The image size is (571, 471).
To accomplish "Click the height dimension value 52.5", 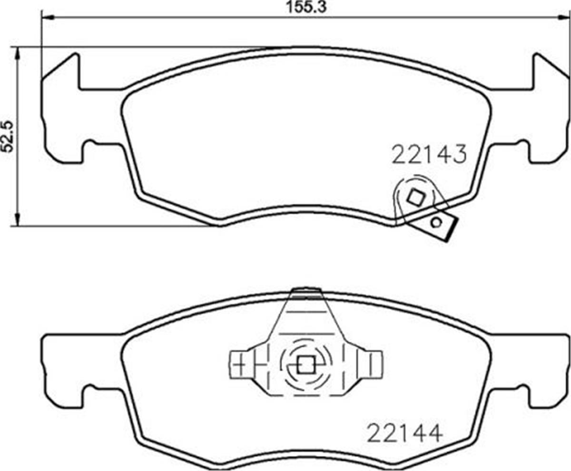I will click(x=9, y=136).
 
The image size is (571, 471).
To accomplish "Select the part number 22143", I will click(x=428, y=155).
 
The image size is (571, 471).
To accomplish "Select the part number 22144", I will click(x=404, y=433).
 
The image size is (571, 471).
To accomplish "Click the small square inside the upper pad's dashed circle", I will click(x=416, y=198).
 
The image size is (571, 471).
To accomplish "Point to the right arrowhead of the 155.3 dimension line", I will click(x=564, y=18).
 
